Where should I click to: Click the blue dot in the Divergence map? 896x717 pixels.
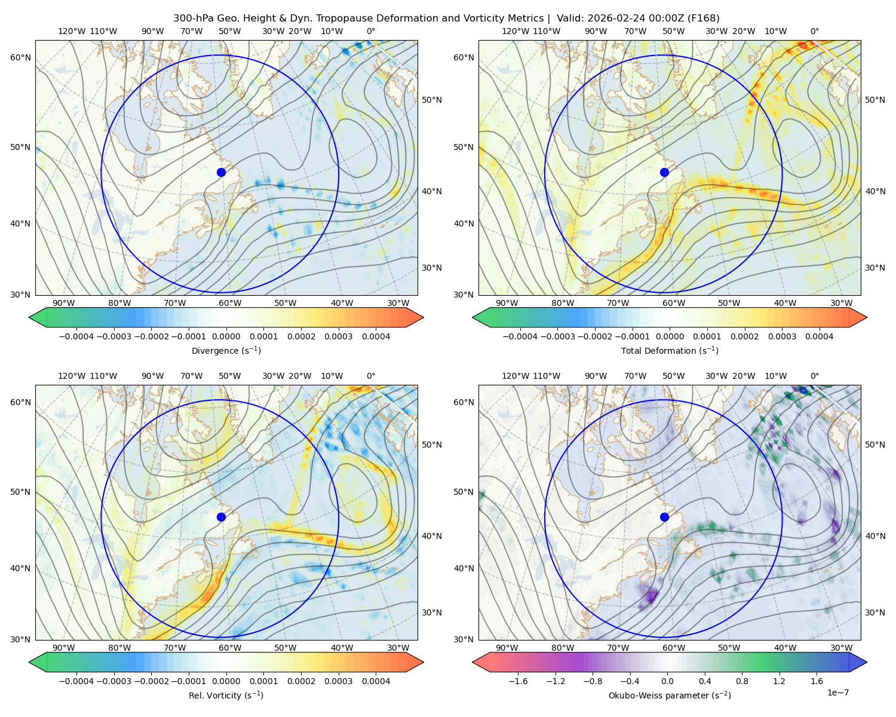click(221, 173)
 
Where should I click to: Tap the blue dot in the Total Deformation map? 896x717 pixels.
click(664, 173)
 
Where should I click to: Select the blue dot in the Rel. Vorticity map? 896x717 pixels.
click(221, 517)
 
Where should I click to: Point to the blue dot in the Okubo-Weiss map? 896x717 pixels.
click(664, 517)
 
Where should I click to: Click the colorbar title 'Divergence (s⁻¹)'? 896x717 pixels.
click(226, 350)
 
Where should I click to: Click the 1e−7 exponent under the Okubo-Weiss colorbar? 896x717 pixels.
click(837, 693)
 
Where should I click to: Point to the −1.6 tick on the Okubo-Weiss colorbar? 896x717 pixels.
click(518, 681)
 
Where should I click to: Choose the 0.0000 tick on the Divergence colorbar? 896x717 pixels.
click(226, 336)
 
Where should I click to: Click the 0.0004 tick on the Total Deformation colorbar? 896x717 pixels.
click(820, 336)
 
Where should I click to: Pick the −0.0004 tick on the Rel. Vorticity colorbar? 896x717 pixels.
click(76, 681)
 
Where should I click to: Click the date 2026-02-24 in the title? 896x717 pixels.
click(610, 19)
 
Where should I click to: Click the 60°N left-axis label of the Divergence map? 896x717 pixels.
click(20, 57)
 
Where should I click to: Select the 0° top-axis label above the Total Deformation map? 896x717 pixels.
click(815, 31)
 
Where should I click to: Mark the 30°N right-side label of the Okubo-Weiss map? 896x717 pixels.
click(875, 612)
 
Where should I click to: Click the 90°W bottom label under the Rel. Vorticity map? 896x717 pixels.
click(64, 648)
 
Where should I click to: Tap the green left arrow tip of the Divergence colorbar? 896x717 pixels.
click(29, 317)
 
